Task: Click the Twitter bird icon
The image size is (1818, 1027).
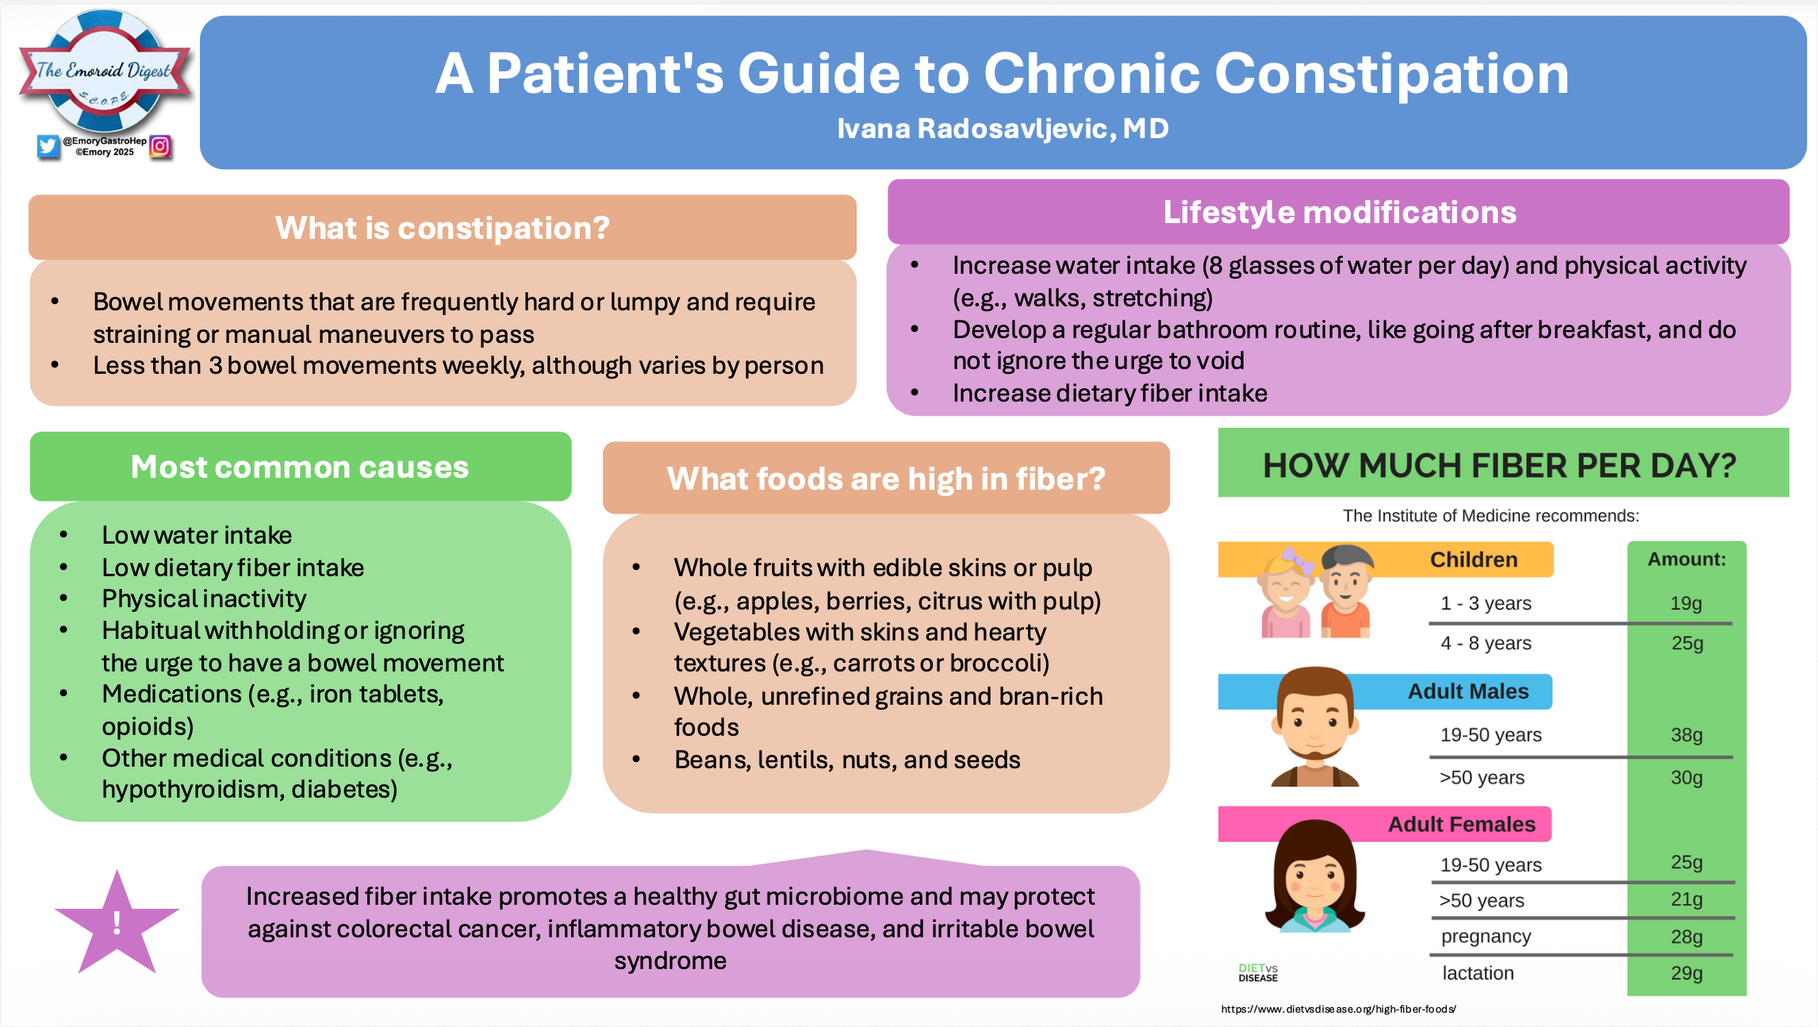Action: point(48,146)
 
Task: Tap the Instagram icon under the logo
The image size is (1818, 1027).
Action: point(160,146)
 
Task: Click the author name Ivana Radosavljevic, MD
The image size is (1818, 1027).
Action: point(1003,129)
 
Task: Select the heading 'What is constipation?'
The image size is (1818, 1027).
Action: point(442,229)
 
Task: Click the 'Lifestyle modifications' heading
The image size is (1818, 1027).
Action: point(1339,213)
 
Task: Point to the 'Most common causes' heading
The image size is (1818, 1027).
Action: point(300,467)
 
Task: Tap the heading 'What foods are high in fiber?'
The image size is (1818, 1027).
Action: point(886,479)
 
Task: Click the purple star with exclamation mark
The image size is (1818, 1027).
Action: point(117,925)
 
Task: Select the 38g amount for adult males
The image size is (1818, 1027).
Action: point(1686,735)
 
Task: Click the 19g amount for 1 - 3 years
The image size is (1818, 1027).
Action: point(1686,603)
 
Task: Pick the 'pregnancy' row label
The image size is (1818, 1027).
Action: point(1486,937)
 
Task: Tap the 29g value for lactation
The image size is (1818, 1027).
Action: point(1686,973)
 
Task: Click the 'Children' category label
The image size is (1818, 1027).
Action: point(1473,560)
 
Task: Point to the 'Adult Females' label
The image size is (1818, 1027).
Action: point(1461,825)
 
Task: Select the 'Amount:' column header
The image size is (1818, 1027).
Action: point(1686,560)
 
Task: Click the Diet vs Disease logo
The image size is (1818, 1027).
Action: point(1258,972)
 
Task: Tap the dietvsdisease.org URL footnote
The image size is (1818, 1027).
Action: point(1338,1010)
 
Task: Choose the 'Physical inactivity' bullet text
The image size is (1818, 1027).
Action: point(204,599)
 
